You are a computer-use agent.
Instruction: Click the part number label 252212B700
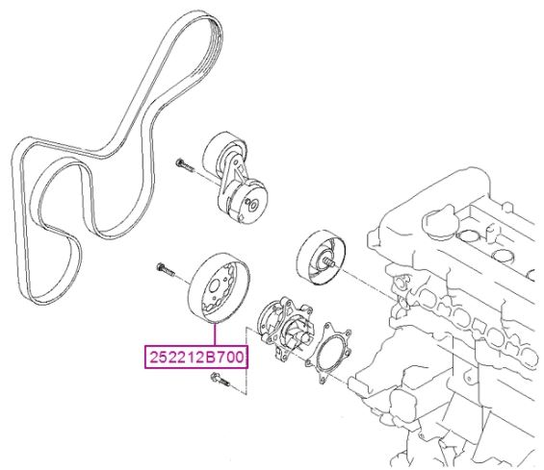coord(196,357)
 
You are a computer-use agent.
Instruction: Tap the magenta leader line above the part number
coord(215,334)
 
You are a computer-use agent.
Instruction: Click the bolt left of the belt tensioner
coord(185,165)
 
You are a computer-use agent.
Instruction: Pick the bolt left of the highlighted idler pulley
coord(166,270)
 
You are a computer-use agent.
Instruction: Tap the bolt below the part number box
coord(220,380)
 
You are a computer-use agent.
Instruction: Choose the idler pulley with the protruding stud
coord(321,257)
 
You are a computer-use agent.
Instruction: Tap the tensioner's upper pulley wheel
coord(223,153)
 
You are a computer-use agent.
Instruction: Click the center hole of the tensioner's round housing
coord(253,206)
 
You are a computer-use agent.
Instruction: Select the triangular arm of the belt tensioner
coord(233,173)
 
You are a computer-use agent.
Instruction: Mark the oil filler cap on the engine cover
coord(439,222)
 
